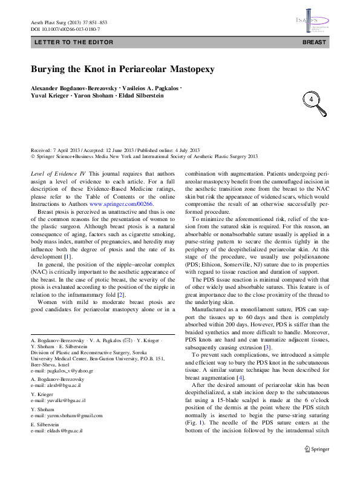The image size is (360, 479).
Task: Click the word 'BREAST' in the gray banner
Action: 314,43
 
